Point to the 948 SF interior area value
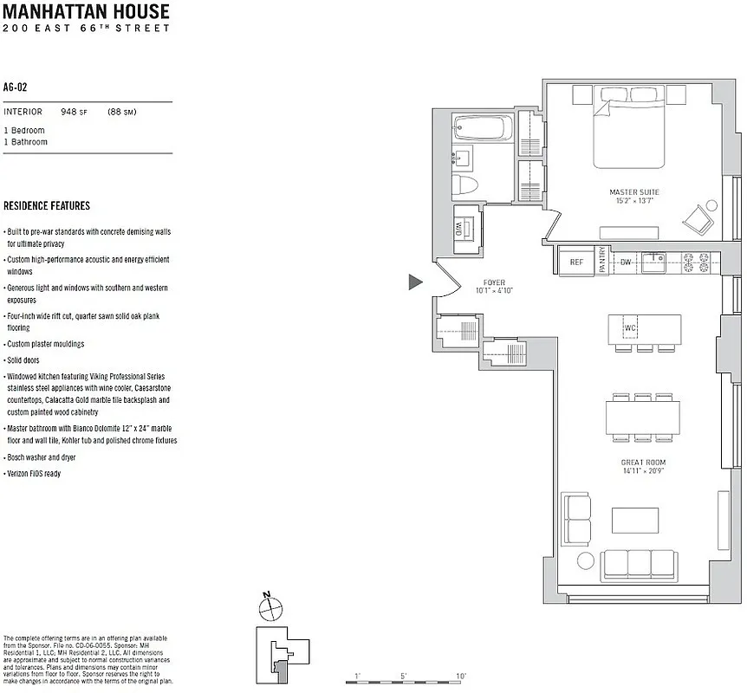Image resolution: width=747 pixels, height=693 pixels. pyautogui.click(x=72, y=112)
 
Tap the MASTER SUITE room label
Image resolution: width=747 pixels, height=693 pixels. pyautogui.click(x=634, y=191)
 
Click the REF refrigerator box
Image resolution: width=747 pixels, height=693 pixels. pyautogui.click(x=576, y=262)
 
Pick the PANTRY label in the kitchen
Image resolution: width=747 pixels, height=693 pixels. pyautogui.click(x=603, y=262)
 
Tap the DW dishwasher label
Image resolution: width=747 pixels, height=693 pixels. pyautogui.click(x=626, y=262)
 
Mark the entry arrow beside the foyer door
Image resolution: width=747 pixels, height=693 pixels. pyautogui.click(x=415, y=282)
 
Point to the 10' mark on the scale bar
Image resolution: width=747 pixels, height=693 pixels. pyautogui.click(x=460, y=677)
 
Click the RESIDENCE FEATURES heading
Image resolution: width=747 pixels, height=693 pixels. pyautogui.click(x=47, y=206)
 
